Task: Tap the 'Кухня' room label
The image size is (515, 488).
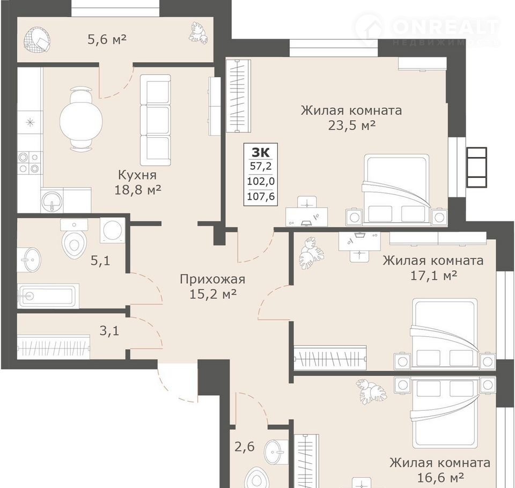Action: tap(137, 175)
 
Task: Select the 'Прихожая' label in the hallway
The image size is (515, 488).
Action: tap(212, 279)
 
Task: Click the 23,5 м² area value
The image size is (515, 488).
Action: tap(352, 125)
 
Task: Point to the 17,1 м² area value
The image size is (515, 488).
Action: tap(433, 276)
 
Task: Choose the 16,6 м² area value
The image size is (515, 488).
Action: tap(440, 477)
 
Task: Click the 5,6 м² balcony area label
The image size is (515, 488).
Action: tap(107, 40)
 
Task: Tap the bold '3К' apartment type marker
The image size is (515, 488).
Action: tap(261, 152)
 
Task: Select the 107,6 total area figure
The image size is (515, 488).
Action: tap(261, 196)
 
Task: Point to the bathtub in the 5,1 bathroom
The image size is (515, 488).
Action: tap(48, 296)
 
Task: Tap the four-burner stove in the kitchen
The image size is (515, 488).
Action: tap(30, 162)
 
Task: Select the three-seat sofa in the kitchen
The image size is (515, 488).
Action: tap(156, 120)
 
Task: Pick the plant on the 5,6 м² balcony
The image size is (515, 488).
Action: tap(198, 34)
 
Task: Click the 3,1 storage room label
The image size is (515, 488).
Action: tap(109, 331)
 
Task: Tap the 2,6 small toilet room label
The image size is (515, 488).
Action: tap(245, 447)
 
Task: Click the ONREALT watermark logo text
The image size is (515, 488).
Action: tap(446, 27)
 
